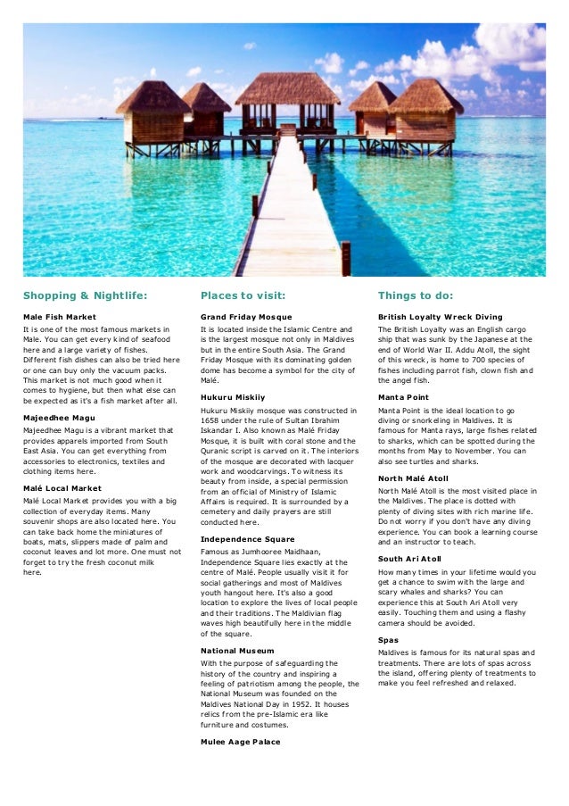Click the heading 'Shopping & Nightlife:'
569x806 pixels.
click(x=85, y=295)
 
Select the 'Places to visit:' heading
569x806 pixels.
click(x=243, y=295)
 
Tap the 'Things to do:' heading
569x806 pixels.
click(x=415, y=295)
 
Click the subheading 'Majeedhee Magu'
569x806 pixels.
click(x=60, y=417)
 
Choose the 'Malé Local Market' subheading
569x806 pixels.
click(x=62, y=489)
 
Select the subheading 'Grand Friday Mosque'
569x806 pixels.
click(x=246, y=317)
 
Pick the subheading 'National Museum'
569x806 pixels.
click(x=237, y=651)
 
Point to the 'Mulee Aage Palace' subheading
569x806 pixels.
click(x=241, y=742)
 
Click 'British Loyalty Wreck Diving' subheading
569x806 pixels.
click(x=440, y=317)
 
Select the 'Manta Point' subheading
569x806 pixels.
click(x=403, y=396)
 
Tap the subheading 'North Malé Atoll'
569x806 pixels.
click(x=413, y=478)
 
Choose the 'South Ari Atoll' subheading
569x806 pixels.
click(x=410, y=558)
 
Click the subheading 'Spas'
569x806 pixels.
click(x=388, y=640)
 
